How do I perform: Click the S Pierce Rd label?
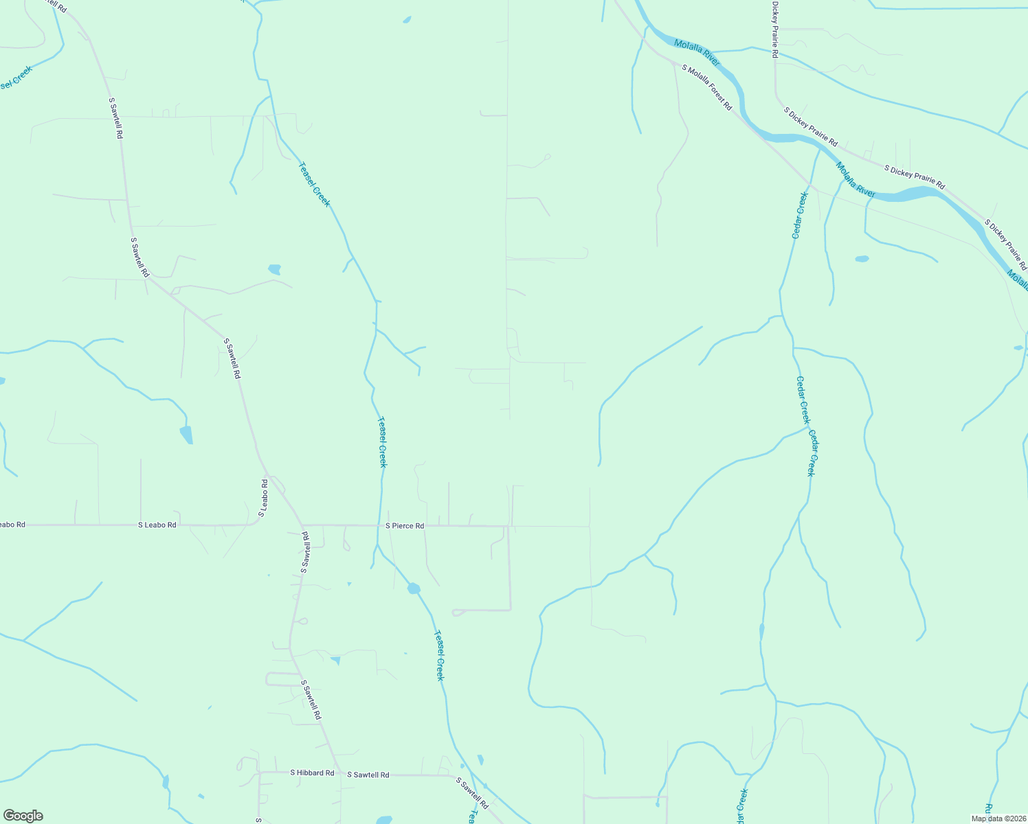(405, 526)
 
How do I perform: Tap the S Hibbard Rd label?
(312, 772)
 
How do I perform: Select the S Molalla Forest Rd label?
(707, 88)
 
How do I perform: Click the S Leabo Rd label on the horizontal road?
(157, 525)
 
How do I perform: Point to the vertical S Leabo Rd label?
(263, 499)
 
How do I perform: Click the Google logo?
(23, 816)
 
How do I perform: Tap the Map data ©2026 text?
(998, 819)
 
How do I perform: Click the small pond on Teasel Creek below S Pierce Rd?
(414, 588)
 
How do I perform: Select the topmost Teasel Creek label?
(314, 184)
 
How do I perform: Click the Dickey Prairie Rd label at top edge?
(775, 29)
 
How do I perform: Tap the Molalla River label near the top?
(697, 53)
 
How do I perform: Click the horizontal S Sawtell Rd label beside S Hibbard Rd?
(368, 775)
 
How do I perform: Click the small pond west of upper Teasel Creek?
(275, 269)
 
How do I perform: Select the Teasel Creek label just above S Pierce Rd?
(381, 442)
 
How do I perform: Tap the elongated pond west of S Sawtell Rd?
(186, 435)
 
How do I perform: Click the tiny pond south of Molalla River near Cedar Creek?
(862, 259)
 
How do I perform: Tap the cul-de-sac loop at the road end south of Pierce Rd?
(456, 613)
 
